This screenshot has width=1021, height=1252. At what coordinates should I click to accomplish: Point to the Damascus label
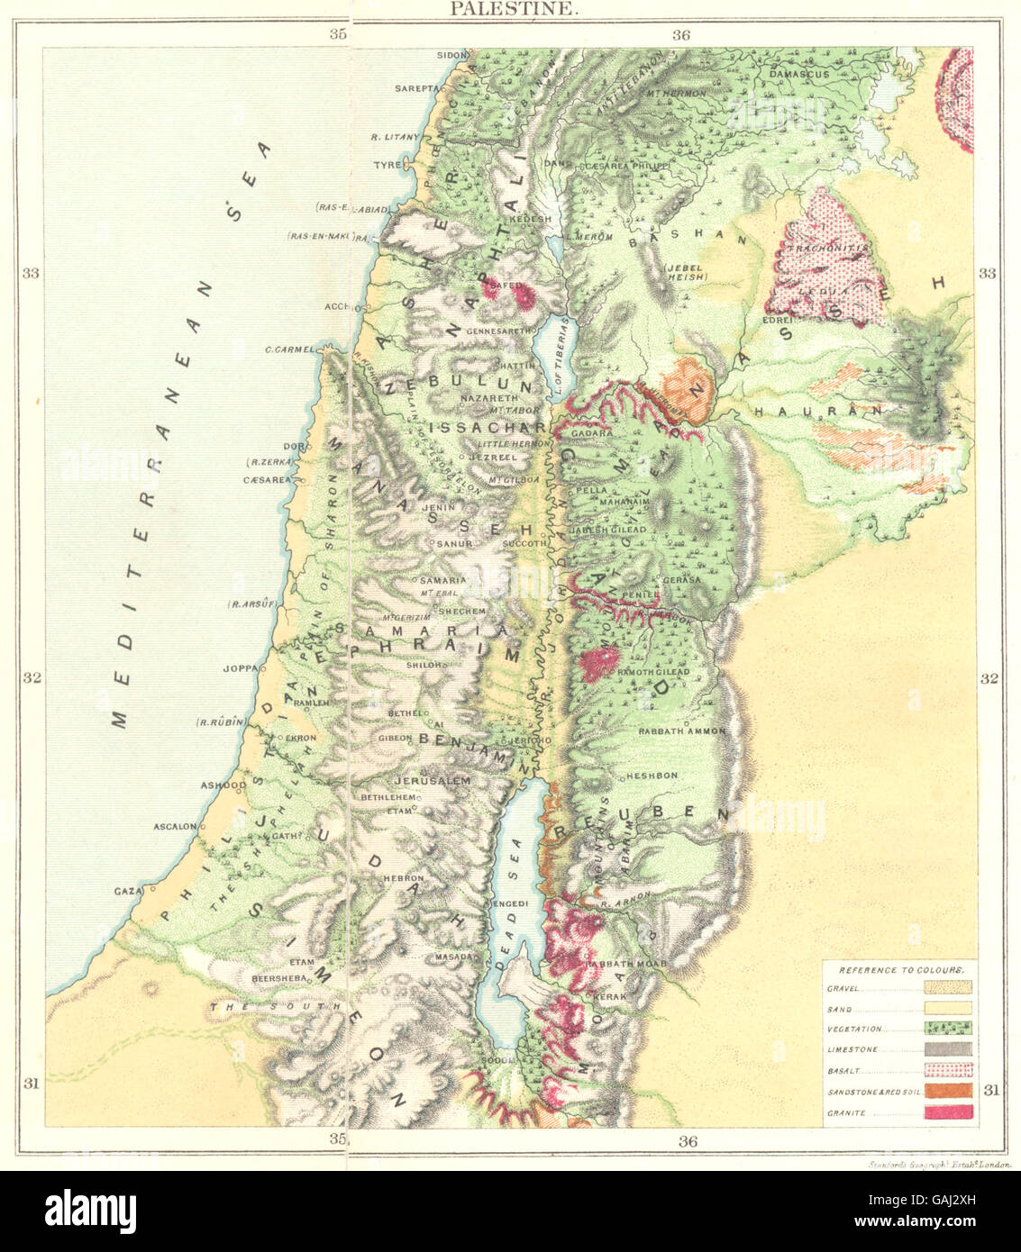point(797,75)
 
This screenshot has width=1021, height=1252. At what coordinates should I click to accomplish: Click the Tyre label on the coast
point(387,166)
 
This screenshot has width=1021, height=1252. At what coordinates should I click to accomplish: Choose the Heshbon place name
point(652,776)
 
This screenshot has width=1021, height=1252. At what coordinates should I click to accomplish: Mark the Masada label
point(453,957)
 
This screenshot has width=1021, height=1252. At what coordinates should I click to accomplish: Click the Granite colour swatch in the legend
point(948,1112)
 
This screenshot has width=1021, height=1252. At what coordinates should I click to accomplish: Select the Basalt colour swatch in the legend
point(948,1070)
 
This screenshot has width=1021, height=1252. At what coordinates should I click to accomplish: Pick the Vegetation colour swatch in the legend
point(948,1029)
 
